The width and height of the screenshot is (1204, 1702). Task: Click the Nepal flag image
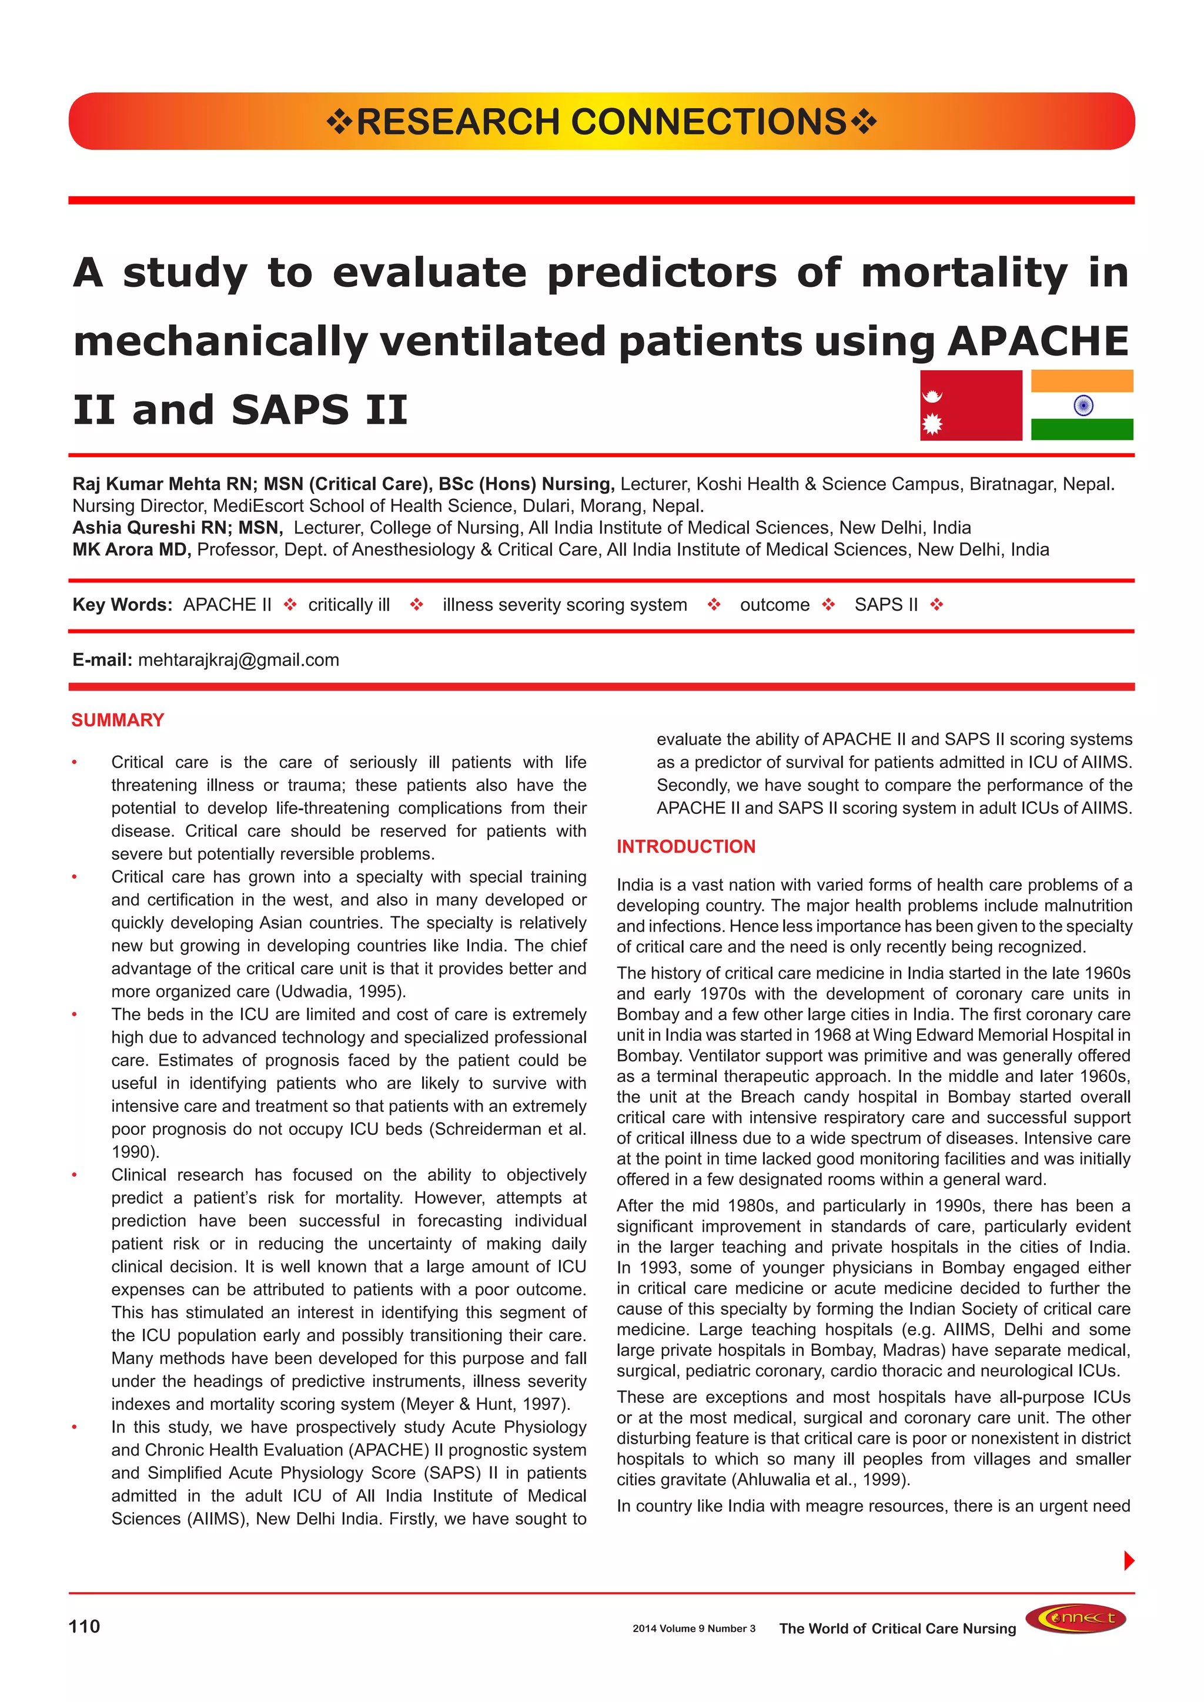click(x=971, y=406)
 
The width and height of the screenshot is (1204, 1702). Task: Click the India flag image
click(x=1082, y=406)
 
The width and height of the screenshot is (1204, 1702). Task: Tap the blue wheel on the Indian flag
click(x=1083, y=406)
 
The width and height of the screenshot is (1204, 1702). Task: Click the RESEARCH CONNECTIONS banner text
click(x=601, y=122)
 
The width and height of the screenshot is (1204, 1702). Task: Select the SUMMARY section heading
click(x=118, y=720)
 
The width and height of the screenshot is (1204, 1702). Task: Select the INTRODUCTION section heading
click(x=686, y=846)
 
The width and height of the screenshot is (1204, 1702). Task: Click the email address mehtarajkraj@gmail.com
click(x=239, y=660)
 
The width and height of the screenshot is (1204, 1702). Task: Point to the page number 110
click(x=84, y=1626)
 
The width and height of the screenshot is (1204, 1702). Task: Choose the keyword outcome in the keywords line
click(x=774, y=605)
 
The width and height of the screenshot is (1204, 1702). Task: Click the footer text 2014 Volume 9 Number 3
click(x=693, y=1629)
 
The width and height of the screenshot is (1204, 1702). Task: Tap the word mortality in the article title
click(x=964, y=272)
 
